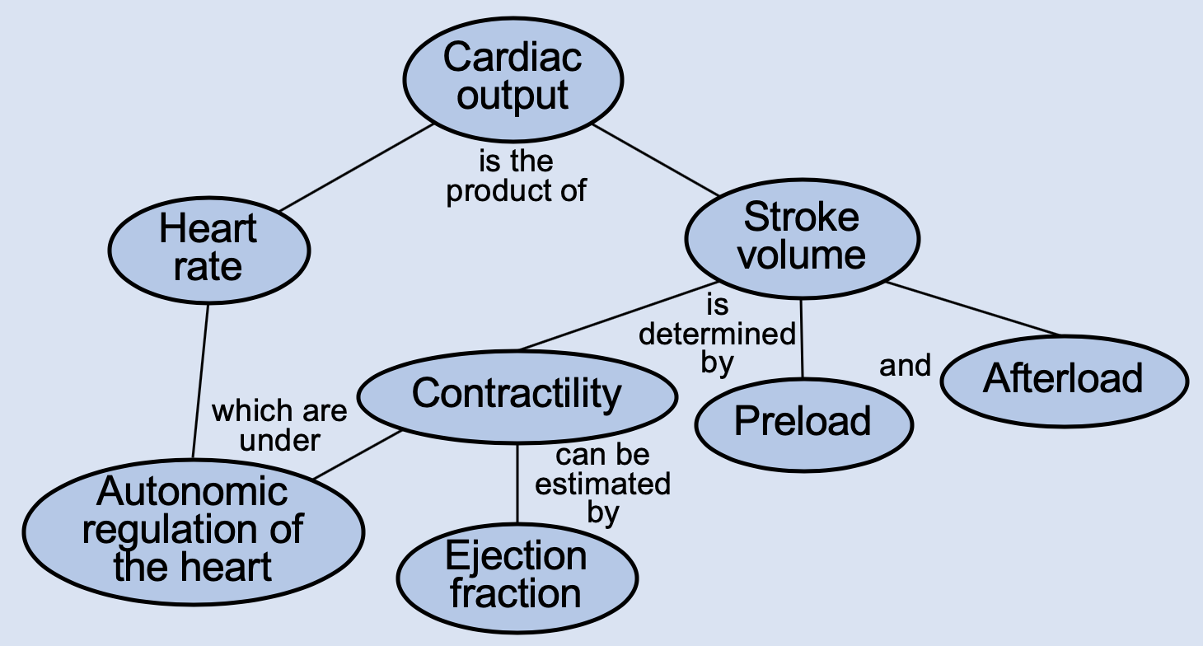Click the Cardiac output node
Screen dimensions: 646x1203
pos(513,77)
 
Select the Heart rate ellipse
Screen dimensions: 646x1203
pos(208,248)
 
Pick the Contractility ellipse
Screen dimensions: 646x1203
pos(517,394)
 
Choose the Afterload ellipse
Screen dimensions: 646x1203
pos(1064,380)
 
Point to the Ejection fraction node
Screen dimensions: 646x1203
pos(517,574)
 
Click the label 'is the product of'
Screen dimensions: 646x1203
pos(516,175)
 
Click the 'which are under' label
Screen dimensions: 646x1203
pos(279,424)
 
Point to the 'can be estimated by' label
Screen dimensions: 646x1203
pos(602,484)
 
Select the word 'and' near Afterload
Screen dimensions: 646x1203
pos(905,364)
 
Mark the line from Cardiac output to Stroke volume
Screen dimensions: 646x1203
pos(655,161)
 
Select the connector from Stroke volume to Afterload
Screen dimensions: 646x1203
pos(972,309)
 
